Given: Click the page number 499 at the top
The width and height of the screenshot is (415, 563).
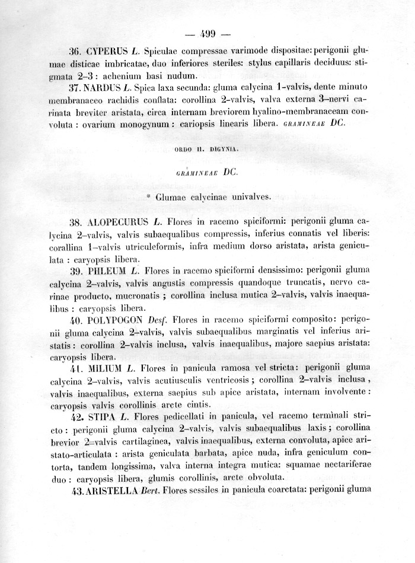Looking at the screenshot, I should point(208,33).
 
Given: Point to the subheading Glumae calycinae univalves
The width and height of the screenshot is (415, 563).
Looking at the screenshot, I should point(209,198).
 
